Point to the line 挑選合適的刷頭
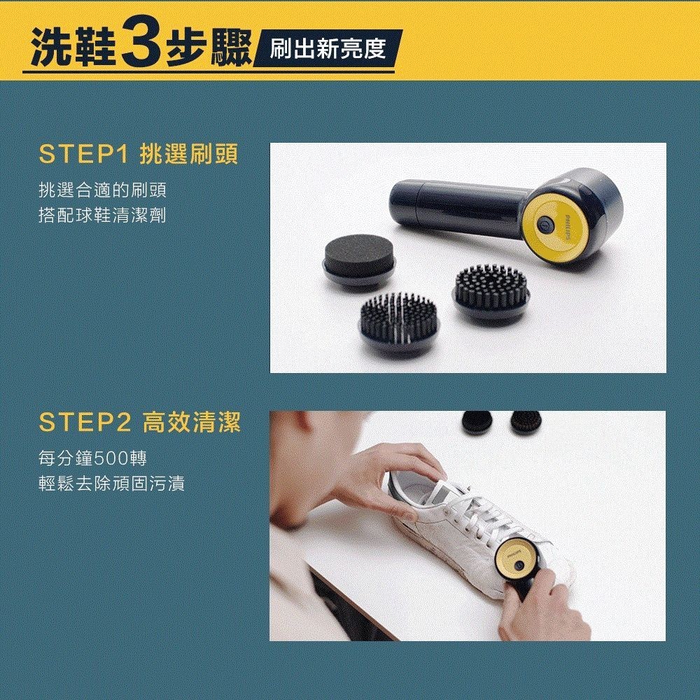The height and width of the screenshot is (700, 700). coord(103,190)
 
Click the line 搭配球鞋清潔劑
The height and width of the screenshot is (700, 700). coord(103,215)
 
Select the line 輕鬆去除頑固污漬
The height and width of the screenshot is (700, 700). coord(111,484)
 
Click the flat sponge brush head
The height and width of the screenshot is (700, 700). coord(358,260)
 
